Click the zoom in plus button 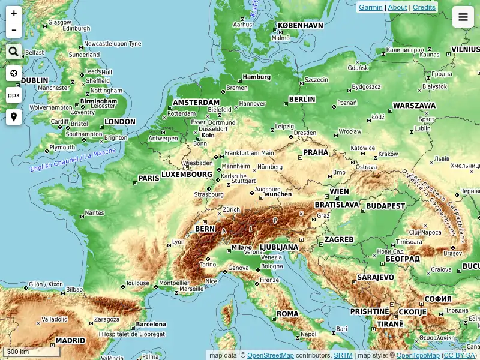14,14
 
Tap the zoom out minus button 14,30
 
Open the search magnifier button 14,52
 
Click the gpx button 14,95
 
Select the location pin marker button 14,117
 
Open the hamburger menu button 463,17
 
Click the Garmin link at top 370,7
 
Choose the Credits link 424,7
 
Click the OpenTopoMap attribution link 418,355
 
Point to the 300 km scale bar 27,352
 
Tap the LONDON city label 120,122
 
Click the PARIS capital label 149,178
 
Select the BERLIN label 302,100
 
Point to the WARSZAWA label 414,106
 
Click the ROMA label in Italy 287,314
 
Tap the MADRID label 70,341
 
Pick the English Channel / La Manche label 73,160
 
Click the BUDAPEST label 386,206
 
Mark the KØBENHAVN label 301,26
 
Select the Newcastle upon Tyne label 112,44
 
